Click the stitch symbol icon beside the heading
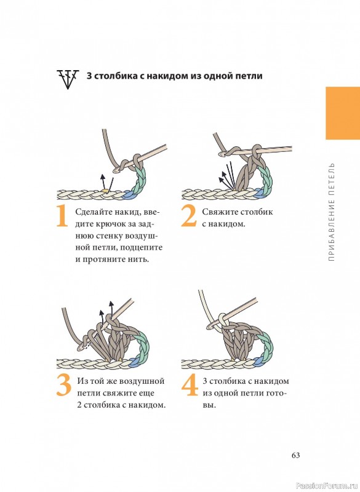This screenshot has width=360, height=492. [x=68, y=79]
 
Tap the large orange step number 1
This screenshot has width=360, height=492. [x=62, y=216]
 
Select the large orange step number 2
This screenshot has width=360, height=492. [x=189, y=216]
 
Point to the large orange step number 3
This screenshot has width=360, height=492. [x=64, y=385]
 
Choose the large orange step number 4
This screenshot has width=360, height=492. [x=190, y=385]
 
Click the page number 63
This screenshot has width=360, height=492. [x=295, y=455]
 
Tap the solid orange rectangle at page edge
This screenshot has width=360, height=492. [x=343, y=113]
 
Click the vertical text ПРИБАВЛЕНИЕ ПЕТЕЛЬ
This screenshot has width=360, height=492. [x=332, y=212]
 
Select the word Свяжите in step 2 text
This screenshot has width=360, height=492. [x=218, y=212]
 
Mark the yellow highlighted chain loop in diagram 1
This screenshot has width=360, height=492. [x=105, y=190]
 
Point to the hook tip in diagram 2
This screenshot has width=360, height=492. [x=223, y=154]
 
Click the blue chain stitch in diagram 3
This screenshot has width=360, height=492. [x=135, y=362]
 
